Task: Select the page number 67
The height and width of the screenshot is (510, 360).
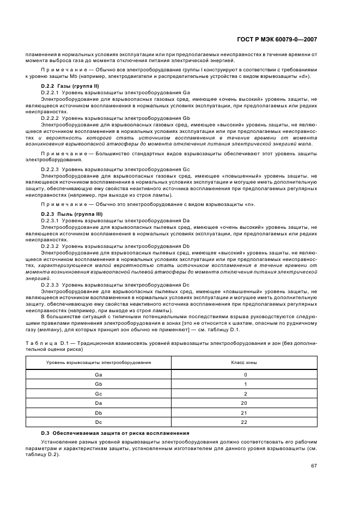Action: click(313, 466)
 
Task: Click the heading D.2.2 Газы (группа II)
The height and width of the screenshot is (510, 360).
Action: click(70, 87)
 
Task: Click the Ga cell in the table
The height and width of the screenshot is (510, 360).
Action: click(99, 375)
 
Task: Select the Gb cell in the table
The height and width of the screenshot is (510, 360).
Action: click(99, 384)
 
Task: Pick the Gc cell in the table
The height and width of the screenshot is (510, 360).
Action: click(99, 393)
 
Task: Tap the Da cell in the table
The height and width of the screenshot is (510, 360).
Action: click(99, 403)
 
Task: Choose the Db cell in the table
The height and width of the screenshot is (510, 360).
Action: click(99, 412)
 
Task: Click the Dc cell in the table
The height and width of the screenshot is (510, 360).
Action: click(99, 422)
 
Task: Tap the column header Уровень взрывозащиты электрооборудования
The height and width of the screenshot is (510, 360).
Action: click(99, 362)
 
